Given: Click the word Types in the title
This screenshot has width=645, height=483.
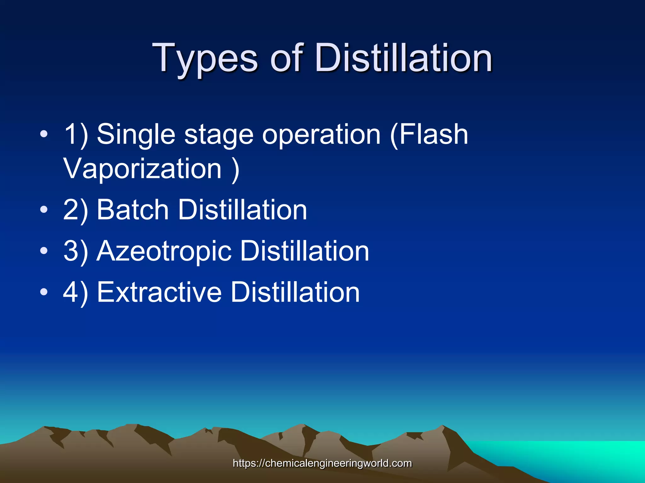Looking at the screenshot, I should coord(205,58).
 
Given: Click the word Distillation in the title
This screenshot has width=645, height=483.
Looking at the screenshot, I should coord(403,58).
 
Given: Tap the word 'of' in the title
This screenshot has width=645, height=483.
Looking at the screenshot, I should coord(287,58).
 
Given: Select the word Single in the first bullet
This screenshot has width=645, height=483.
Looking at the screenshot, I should coord(136,135).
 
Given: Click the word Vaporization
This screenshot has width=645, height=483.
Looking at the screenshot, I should coord(143,169).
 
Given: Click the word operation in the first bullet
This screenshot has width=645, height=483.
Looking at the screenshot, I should coord(322,135).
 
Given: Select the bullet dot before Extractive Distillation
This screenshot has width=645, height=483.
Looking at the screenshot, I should coord(44,292).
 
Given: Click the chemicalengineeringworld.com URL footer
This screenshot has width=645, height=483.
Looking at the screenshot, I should coord(322,463).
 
